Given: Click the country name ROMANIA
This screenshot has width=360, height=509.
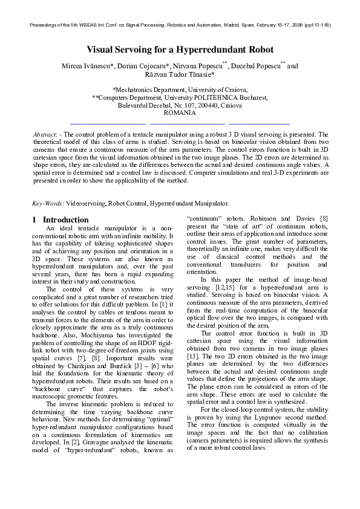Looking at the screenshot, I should tap(180, 112).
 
